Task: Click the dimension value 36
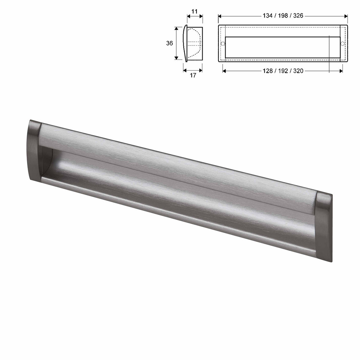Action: tap(170, 43)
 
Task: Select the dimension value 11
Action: tap(194, 11)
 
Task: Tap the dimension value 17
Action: tap(193, 75)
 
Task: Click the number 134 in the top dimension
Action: tap(267, 16)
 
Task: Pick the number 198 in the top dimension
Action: tap(283, 16)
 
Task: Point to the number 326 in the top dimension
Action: tap(299, 16)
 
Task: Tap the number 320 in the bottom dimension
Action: tap(299, 71)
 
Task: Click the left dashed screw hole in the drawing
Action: tap(223, 44)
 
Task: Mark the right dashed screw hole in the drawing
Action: tap(342, 44)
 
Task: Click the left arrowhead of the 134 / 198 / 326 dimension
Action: tap(220, 16)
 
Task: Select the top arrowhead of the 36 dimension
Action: tap(176, 29)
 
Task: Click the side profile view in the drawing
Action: tap(193, 43)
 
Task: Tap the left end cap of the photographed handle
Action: tap(34, 151)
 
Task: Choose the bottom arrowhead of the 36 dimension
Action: tap(176, 58)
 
